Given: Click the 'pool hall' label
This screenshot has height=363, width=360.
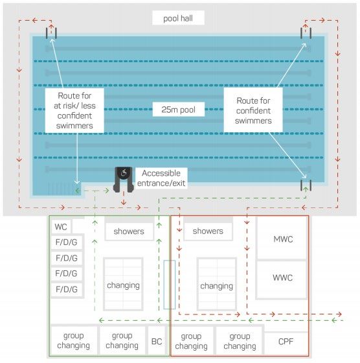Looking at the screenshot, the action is pyautogui.click(x=178, y=18).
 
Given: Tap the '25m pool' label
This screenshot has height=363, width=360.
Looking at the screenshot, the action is pyautogui.click(x=178, y=110).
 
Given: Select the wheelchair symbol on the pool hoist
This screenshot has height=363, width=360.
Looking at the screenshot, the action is pyautogui.click(x=124, y=172).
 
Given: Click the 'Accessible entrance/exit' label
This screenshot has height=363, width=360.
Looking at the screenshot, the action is pyautogui.click(x=161, y=178).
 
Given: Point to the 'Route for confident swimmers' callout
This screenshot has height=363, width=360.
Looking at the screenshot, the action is pyautogui.click(x=253, y=110).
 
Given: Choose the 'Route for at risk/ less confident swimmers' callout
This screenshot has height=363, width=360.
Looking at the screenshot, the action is pyautogui.click(x=74, y=110).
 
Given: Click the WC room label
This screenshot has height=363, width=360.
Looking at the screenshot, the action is pyautogui.click(x=61, y=227).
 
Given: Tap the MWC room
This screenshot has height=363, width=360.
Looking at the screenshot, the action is pyautogui.click(x=282, y=239).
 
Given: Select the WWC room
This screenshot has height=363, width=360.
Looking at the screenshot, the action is pyautogui.click(x=282, y=279).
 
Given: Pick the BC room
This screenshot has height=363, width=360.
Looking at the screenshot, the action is pyautogui.click(x=157, y=341).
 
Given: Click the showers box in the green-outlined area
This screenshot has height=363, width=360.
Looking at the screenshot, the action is pyautogui.click(x=129, y=231).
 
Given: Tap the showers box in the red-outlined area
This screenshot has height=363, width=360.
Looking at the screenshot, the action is pyautogui.click(x=208, y=231).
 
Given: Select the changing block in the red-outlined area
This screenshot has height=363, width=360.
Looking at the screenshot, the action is pyautogui.click(x=217, y=284).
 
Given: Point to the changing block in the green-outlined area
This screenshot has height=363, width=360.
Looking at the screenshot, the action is pyautogui.click(x=123, y=284).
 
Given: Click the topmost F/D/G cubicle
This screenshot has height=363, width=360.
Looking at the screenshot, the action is pyautogui.click(x=66, y=242).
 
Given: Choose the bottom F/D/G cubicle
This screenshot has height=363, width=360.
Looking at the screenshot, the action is pyautogui.click(x=66, y=289).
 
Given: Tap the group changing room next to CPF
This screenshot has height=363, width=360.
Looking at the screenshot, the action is pyautogui.click(x=240, y=341).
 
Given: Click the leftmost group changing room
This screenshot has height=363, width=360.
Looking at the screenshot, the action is pyautogui.click(x=74, y=340).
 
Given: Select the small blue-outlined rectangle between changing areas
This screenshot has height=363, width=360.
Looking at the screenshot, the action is pyautogui.click(x=170, y=285).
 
